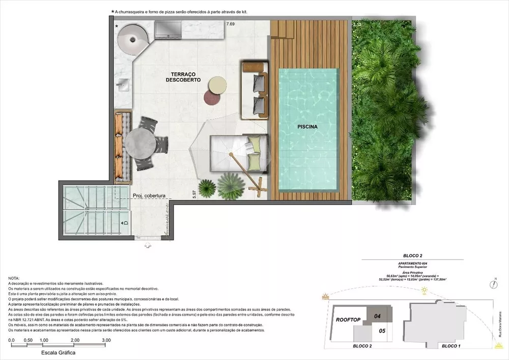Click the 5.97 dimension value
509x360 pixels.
[194, 196]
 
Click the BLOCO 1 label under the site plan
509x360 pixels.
[451, 346]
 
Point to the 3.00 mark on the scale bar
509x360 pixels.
[106, 340]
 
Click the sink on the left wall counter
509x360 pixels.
[124, 85]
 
